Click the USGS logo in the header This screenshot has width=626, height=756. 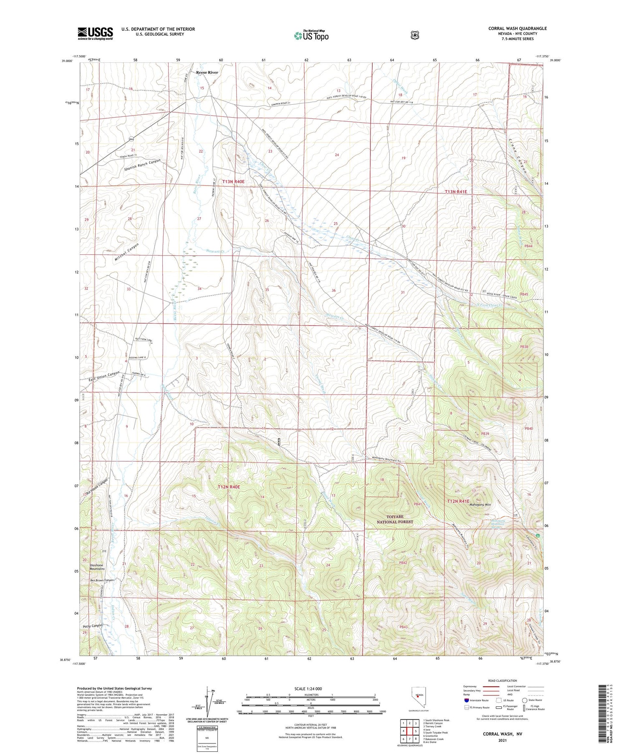(x=95, y=33)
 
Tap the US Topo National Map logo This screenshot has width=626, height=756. (x=311, y=35)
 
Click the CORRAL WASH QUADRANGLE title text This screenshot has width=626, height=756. (x=517, y=28)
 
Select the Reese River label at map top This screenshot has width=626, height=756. (x=207, y=73)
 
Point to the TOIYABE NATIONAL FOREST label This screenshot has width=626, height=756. (x=395, y=519)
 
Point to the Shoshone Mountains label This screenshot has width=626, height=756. (x=97, y=567)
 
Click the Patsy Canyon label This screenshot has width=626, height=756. (x=93, y=626)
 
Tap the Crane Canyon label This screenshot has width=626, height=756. (x=518, y=156)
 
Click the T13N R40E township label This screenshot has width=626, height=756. (x=233, y=182)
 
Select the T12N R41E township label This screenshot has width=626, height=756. (x=458, y=501)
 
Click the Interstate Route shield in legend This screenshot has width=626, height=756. (x=467, y=700)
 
